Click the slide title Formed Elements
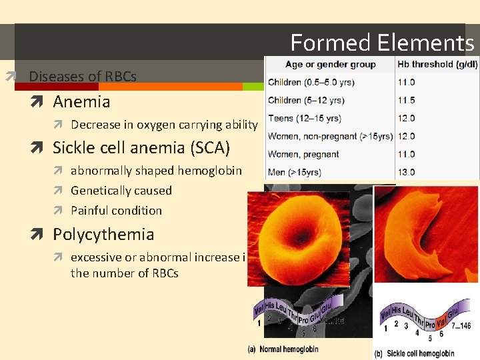[x=382, y=43]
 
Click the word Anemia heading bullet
[x=81, y=102]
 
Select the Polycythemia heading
[x=103, y=235]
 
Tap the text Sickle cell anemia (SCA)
[x=141, y=147]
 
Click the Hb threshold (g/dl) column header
[x=437, y=65]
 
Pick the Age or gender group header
[x=331, y=65]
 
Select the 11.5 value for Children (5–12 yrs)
[x=406, y=100]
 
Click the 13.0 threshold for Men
[x=406, y=172]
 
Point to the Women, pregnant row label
[x=303, y=154]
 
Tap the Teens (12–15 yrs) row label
[x=304, y=118]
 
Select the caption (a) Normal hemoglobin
[x=283, y=349]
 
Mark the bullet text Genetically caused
[x=121, y=191]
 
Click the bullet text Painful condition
[x=116, y=211]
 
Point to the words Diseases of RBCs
[x=83, y=77]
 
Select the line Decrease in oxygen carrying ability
[x=164, y=125]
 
